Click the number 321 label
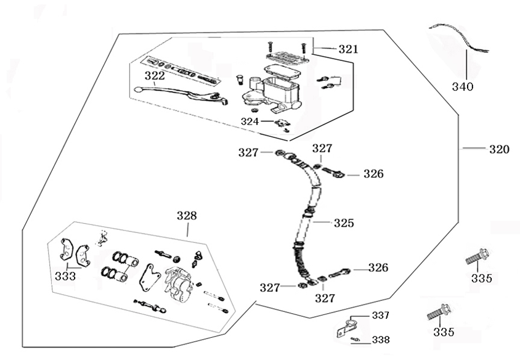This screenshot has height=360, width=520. [x=347, y=49]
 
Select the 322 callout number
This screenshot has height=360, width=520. [x=155, y=75]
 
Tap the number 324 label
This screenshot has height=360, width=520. [x=250, y=121]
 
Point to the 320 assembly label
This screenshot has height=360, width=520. [x=499, y=149]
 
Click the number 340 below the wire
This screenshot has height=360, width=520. [x=463, y=87]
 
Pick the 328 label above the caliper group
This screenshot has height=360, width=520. [x=187, y=215]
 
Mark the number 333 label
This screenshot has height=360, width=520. [x=65, y=276]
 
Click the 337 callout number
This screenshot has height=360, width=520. [x=380, y=316]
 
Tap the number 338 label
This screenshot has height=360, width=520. [x=380, y=340]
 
